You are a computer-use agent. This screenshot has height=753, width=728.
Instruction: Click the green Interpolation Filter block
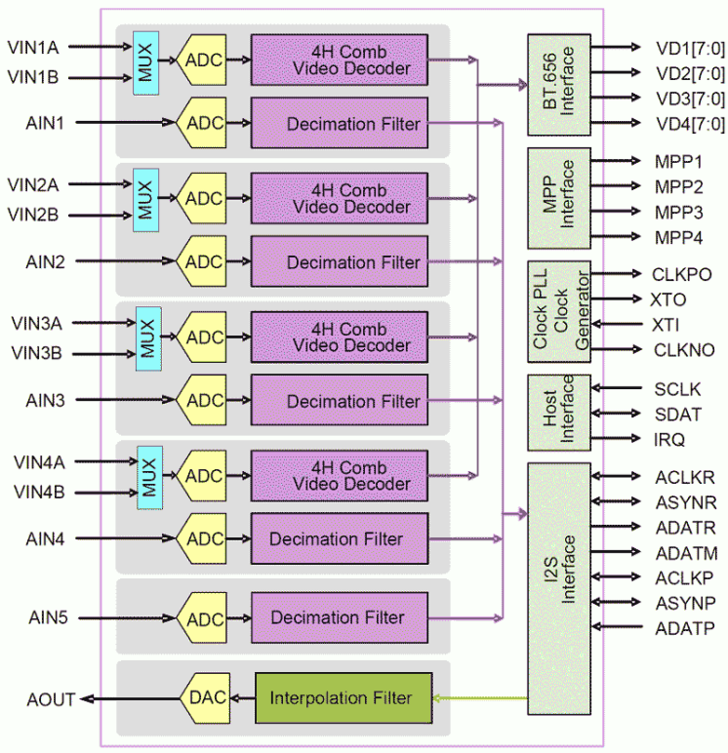point(342,697)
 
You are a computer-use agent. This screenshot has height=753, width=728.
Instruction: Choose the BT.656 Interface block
point(559,85)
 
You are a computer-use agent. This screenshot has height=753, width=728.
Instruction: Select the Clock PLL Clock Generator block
point(559,312)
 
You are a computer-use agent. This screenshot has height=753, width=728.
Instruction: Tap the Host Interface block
point(559,413)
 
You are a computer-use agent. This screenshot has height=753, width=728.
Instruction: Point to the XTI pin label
point(667,324)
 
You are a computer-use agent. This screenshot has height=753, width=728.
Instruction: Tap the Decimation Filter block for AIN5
point(338,617)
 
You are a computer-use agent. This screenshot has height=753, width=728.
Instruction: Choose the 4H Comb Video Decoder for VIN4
point(339,475)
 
